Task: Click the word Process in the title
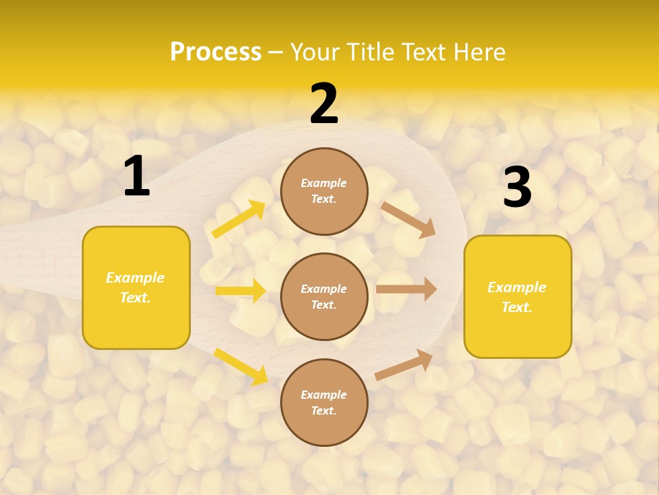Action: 216,52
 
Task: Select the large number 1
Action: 137,177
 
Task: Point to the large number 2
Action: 324,104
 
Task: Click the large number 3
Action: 517,187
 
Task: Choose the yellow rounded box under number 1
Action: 136,287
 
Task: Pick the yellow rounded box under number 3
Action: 518,296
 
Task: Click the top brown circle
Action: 324,191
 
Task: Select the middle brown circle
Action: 324,296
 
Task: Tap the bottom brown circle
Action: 324,402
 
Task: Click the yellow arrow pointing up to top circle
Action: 238,219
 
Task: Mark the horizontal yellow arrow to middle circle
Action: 240,291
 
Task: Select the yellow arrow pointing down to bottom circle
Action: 240,366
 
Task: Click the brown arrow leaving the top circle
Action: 408,219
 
